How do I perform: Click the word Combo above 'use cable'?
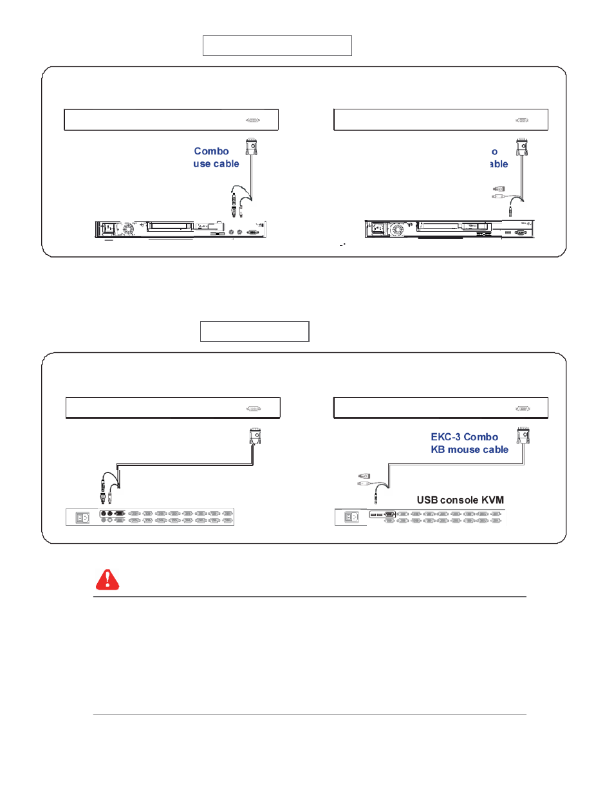click(212, 151)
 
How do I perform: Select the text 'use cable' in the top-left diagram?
click(216, 163)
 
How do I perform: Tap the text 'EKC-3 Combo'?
click(464, 437)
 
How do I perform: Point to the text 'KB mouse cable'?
click(469, 449)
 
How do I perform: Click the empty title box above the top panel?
click(277, 46)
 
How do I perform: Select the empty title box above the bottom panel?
click(255, 331)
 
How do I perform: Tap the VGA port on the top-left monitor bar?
click(252, 120)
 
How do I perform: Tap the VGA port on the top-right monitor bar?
click(522, 120)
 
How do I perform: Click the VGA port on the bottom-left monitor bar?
click(254, 408)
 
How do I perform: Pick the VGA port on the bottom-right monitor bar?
click(522, 408)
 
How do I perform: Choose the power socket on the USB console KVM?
click(351, 518)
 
